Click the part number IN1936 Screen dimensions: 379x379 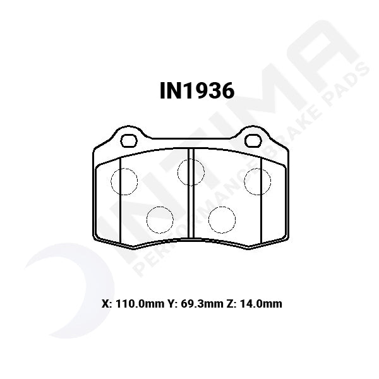click(x=196, y=91)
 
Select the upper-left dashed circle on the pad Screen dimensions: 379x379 click(x=124, y=181)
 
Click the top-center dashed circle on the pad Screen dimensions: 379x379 click(x=191, y=172)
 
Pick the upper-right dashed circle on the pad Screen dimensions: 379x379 click(x=258, y=181)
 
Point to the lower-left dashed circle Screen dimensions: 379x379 click(x=160, y=219)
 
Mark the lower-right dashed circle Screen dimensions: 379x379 click(x=222, y=219)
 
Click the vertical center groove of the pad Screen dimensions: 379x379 click(x=191, y=202)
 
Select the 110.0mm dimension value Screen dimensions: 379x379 click(x=135, y=304)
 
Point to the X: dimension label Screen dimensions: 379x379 click(x=105, y=304)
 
